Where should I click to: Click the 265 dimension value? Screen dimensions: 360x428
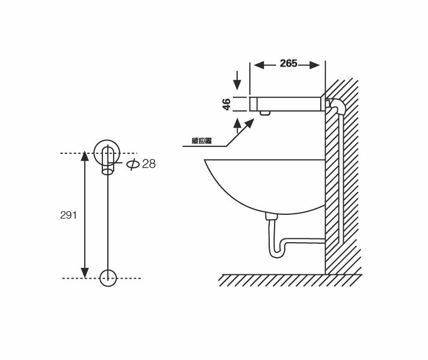[x=288, y=64]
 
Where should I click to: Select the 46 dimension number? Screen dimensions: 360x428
[x=227, y=104]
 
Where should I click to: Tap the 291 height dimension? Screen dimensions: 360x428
[x=69, y=215]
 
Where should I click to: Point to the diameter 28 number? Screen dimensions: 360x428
[x=149, y=164]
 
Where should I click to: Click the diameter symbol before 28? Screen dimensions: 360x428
[x=133, y=164]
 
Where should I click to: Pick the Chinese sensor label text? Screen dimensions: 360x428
[x=201, y=141]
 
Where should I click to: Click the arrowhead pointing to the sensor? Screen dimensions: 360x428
[x=250, y=123]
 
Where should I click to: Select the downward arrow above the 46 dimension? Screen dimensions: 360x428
[x=238, y=86]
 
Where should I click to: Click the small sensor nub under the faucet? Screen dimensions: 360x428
[x=264, y=113]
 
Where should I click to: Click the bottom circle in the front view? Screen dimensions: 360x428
[x=108, y=277]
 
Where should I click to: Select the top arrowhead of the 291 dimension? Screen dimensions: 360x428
[x=84, y=156]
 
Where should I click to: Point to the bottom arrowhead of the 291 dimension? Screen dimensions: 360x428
[x=84, y=273]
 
